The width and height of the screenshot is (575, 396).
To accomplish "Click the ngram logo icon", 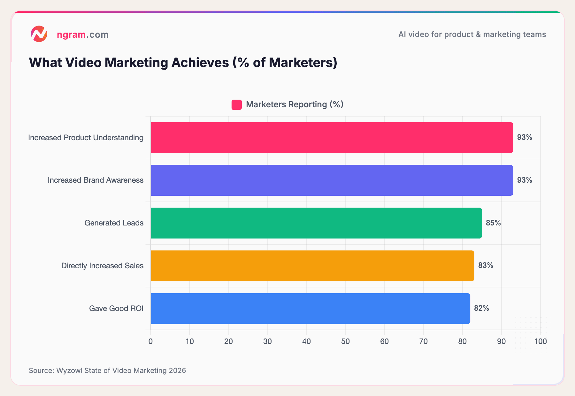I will tap(39, 34).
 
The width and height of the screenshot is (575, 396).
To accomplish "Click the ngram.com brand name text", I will tap(82, 34).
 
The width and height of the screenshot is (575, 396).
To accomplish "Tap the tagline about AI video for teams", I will tap(472, 34).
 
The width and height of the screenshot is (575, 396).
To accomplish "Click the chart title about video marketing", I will tap(183, 63).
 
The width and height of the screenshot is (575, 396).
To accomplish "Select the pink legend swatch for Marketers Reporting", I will tap(236, 105).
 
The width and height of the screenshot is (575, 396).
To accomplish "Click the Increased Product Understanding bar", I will tap(332, 138).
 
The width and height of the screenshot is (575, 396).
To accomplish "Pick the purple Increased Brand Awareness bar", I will tap(332, 180).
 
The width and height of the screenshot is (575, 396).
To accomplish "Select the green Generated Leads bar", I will tap(316, 223).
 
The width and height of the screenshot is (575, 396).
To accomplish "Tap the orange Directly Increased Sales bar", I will tap(312, 266).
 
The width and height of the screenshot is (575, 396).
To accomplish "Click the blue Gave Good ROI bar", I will tap(310, 308).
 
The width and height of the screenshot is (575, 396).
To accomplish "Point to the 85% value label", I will tap(493, 223).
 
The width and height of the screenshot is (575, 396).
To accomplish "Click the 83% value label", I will tap(486, 265).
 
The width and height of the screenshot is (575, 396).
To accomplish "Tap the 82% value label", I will tap(481, 308).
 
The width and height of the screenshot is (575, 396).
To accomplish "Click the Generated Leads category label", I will tap(114, 223).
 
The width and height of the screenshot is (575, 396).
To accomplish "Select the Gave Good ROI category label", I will tap(116, 308).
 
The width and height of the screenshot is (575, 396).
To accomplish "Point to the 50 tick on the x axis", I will tap(345, 341).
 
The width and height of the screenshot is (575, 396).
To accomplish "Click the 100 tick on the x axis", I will tap(540, 341).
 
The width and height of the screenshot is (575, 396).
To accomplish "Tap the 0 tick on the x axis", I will tap(150, 341).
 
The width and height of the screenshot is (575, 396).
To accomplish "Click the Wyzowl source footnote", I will tap(107, 370).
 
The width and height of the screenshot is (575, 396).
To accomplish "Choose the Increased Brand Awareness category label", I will tap(96, 180).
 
